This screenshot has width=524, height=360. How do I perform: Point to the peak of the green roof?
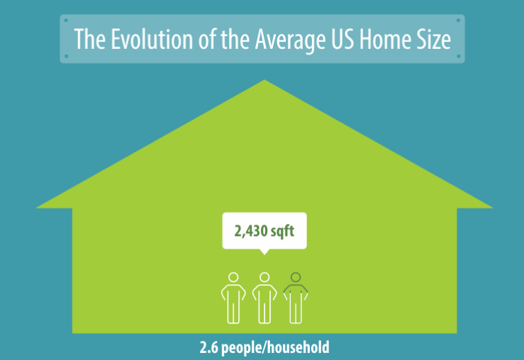click(264, 81)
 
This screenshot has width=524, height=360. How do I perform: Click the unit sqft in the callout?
click(284, 231)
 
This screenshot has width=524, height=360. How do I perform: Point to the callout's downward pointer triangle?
click(264, 252)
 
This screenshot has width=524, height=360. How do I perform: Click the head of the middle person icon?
click(264, 277)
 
